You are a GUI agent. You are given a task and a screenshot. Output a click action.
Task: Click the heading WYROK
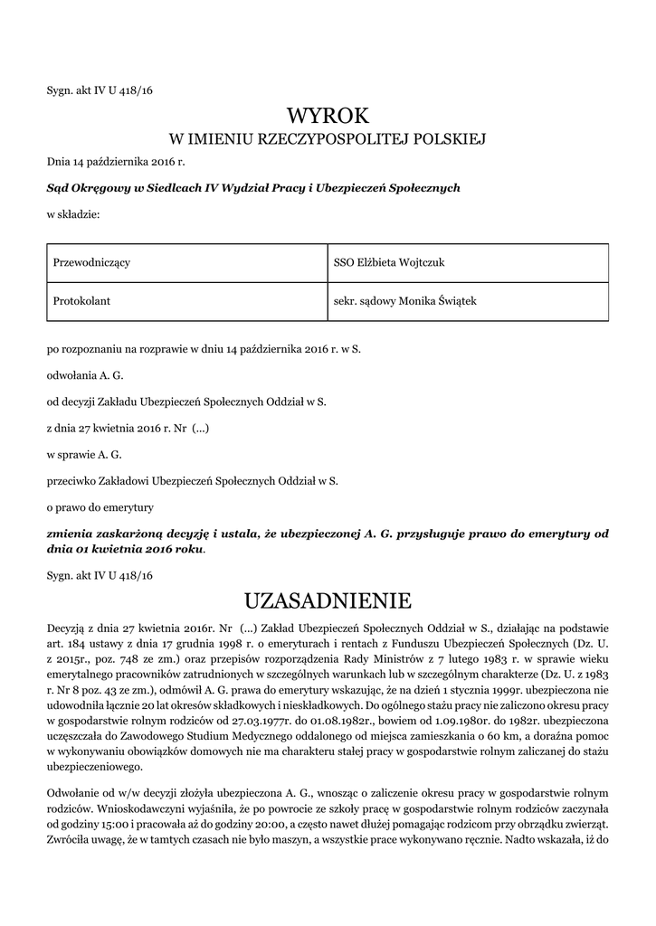328,116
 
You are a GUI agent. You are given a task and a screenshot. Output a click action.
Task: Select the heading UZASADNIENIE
328,600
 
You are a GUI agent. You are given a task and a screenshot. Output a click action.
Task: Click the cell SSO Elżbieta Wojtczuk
389,262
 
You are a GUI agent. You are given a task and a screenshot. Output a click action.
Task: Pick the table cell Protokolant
81,301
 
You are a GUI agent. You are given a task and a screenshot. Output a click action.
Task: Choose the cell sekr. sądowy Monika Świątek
404,301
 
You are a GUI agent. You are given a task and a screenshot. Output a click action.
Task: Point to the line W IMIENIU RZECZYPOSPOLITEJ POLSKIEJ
328,139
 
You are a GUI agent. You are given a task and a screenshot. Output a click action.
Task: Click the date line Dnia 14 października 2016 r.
115,163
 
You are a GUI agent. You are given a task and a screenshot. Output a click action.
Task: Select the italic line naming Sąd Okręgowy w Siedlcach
253,188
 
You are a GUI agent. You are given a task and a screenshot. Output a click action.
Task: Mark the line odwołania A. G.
84,373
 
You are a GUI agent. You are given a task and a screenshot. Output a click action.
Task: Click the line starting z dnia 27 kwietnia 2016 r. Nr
128,427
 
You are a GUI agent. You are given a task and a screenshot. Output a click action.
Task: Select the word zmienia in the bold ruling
71,534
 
